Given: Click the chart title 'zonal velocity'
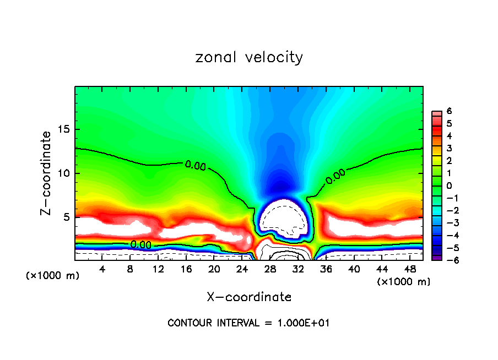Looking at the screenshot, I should [249, 57].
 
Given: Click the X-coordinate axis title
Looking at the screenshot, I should [249, 297].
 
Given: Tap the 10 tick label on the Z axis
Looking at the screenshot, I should [64, 173].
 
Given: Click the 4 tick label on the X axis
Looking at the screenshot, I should [102, 269].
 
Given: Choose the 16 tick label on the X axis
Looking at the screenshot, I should [186, 269].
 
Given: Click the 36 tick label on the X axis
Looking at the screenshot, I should [326, 269].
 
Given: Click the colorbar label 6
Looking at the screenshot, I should [450, 111].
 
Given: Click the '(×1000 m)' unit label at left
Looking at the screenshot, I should [53, 276].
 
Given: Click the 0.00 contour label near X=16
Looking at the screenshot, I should [195, 165].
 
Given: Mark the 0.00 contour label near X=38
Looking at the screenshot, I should [335, 176].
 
